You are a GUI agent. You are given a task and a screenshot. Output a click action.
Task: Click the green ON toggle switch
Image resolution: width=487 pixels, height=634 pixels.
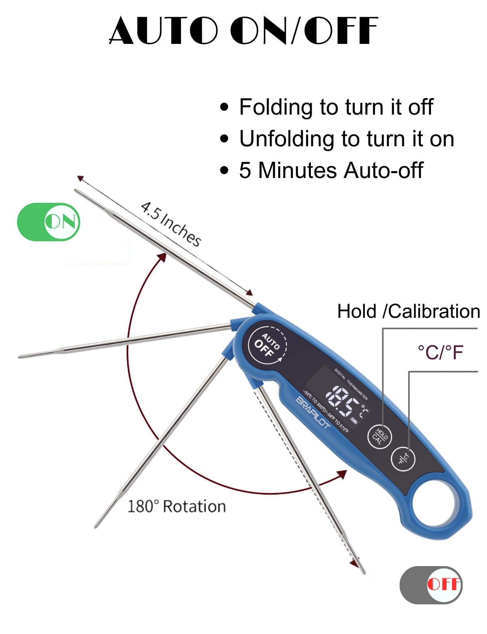pos(49,222)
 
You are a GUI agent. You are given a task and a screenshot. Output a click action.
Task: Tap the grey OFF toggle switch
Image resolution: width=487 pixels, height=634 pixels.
pos(431,585)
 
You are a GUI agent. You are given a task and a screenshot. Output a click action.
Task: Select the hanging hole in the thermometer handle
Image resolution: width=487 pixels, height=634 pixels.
pos(436,504)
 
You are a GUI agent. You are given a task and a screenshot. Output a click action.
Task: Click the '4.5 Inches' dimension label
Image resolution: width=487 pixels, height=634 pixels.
pos(171,224)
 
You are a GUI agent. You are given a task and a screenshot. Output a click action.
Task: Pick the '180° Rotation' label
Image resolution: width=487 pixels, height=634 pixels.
pos(177,506)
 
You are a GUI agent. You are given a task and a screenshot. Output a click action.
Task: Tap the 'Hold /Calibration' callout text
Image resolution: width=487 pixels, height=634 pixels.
pos(408,311)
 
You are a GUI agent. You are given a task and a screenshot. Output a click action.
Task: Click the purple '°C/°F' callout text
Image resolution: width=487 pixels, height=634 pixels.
pos(440,352)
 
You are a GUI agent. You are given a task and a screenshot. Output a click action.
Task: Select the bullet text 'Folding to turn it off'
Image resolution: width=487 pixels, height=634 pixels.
pos(336,107)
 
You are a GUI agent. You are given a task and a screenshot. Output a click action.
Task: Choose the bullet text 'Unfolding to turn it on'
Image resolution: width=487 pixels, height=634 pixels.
pos(346,139)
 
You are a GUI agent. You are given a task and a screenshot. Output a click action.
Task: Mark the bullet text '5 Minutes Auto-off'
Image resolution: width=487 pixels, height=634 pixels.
pos(331,170)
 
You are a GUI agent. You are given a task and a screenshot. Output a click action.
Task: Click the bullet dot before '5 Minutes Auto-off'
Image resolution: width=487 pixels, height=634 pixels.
pos(224,170)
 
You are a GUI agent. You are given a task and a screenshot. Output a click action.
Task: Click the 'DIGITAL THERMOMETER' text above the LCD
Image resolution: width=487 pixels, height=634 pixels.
pos(351,384)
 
